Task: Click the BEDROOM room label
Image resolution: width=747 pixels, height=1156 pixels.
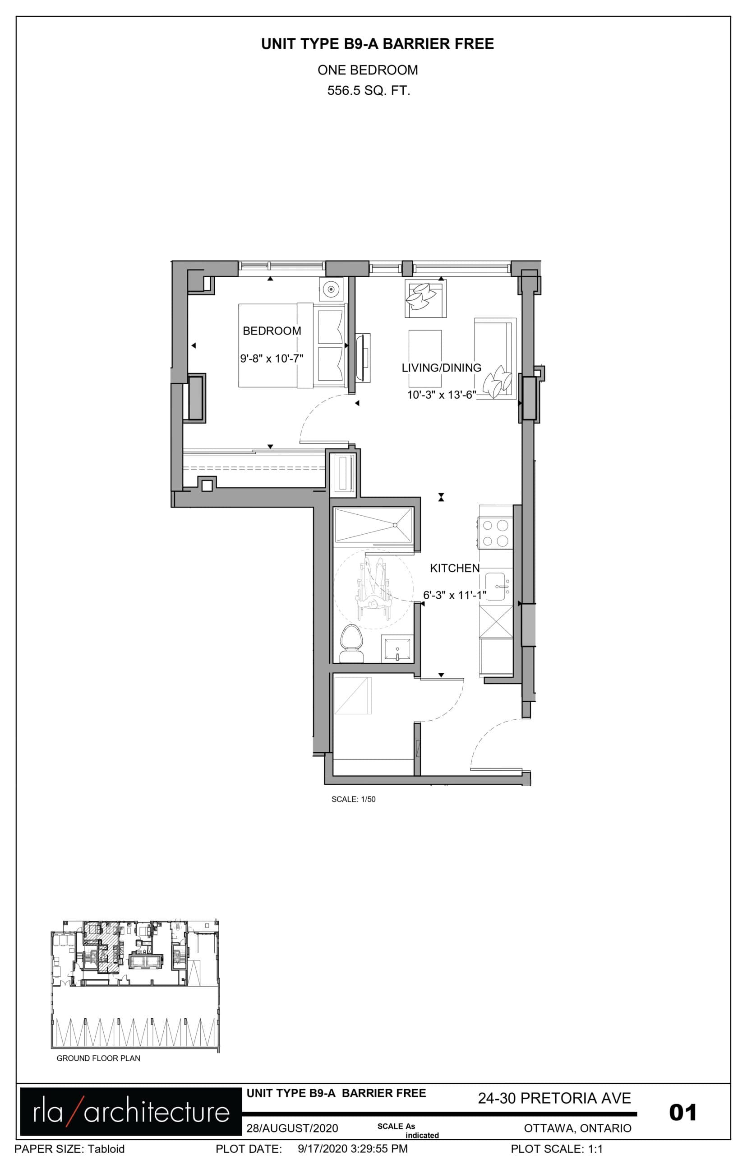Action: [272, 331]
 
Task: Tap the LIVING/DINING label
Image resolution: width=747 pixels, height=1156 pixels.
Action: [442, 368]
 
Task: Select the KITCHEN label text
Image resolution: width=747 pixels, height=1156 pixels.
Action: [455, 568]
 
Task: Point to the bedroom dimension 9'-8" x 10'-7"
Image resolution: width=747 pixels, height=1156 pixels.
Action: [272, 359]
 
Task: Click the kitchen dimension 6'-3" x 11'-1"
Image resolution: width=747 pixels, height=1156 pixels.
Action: [455, 595]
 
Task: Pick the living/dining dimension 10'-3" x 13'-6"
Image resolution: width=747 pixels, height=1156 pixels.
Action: [442, 395]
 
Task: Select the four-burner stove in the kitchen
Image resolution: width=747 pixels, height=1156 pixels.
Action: [496, 533]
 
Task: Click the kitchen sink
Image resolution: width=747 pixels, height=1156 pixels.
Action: [498, 587]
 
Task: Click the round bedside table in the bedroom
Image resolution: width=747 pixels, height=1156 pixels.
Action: [331, 290]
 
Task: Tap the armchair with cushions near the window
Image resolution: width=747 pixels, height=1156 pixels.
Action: [425, 298]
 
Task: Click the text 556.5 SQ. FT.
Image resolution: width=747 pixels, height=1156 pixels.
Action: [369, 91]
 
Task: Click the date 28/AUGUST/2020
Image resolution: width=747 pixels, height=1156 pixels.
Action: [292, 1128]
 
